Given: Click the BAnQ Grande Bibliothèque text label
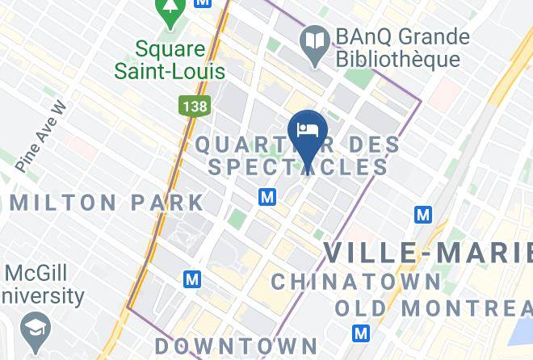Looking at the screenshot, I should click(394, 48).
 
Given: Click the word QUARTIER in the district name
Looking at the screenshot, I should click(246, 145).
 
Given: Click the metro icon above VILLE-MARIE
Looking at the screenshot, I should click(423, 215).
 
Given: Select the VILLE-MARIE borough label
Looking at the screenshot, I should click(428, 253).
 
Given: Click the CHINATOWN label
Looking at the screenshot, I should click(356, 282).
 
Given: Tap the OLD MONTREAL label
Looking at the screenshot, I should click(434, 308).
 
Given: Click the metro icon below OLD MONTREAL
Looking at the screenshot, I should click(362, 333).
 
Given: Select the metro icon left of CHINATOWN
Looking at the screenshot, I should click(191, 279).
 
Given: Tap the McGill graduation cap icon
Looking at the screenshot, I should click(37, 328).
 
